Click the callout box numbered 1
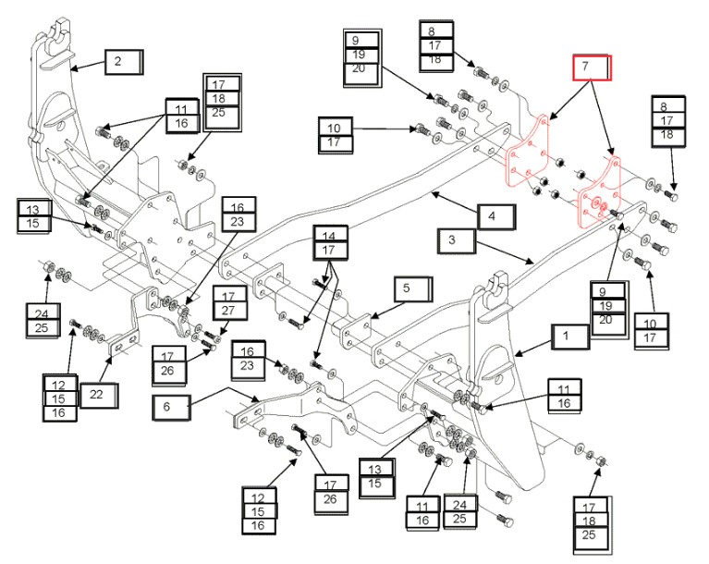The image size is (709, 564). [x=569, y=336]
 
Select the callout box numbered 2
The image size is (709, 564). [x=122, y=62]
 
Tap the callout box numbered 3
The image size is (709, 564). [x=457, y=241]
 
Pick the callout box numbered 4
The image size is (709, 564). [x=496, y=216]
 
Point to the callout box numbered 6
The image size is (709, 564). [x=174, y=405]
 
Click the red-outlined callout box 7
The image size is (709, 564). [x=590, y=68]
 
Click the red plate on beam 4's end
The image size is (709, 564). [x=527, y=157]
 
